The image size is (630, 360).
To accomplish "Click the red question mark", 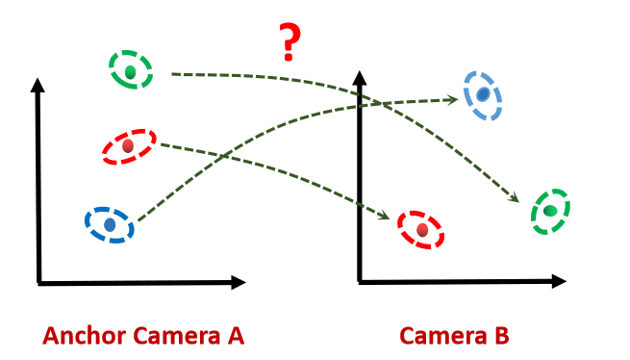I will pos(290,42).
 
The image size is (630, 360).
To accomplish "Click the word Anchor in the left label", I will pos(84,336).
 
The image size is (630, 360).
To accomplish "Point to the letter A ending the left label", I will pos(236,336).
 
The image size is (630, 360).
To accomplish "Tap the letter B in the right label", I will pos(502,336).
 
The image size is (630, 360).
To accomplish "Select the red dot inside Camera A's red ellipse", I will pos(128,145).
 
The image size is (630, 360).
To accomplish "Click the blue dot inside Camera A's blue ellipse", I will pos(110,224).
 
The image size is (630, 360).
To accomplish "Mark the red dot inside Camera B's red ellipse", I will pos(422,230).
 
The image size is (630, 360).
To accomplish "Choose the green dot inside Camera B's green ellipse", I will pos(550,211).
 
